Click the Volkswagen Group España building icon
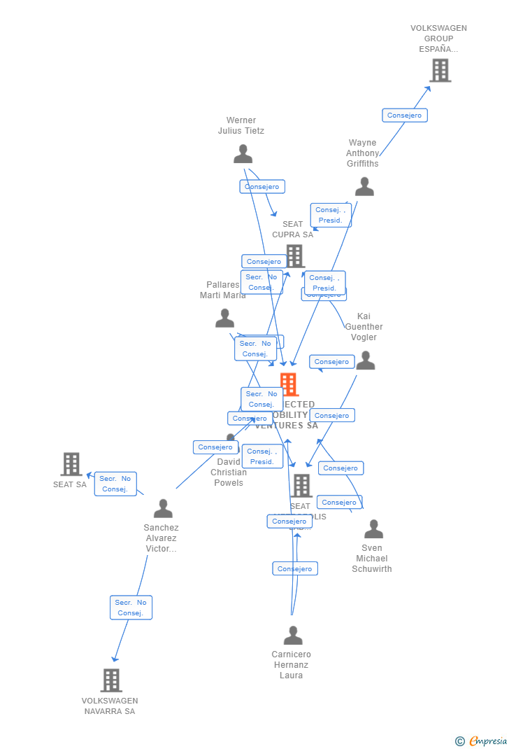tap(440, 70)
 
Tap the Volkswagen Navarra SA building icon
tap(111, 680)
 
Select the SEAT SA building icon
tap(71, 463)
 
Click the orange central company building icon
tap(289, 384)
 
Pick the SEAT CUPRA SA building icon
tap(295, 255)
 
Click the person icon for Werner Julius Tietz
tap(243, 153)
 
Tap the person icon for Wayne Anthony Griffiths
tap(364, 186)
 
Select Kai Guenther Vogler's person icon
tap(365, 360)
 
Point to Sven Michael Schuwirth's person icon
tap(373, 529)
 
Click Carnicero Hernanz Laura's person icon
tap(293, 635)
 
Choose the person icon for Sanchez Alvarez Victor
tap(163, 508)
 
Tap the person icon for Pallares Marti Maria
tap(224, 318)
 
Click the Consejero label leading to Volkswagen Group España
tap(404, 115)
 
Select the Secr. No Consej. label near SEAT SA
tap(115, 484)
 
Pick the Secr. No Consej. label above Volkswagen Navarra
tap(131, 608)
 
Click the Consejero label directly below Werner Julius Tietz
tap(262, 187)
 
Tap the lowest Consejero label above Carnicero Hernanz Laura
tap(295, 568)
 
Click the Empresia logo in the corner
tap(482, 741)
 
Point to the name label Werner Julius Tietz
tap(241, 125)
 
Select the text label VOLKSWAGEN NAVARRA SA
tap(110, 706)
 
